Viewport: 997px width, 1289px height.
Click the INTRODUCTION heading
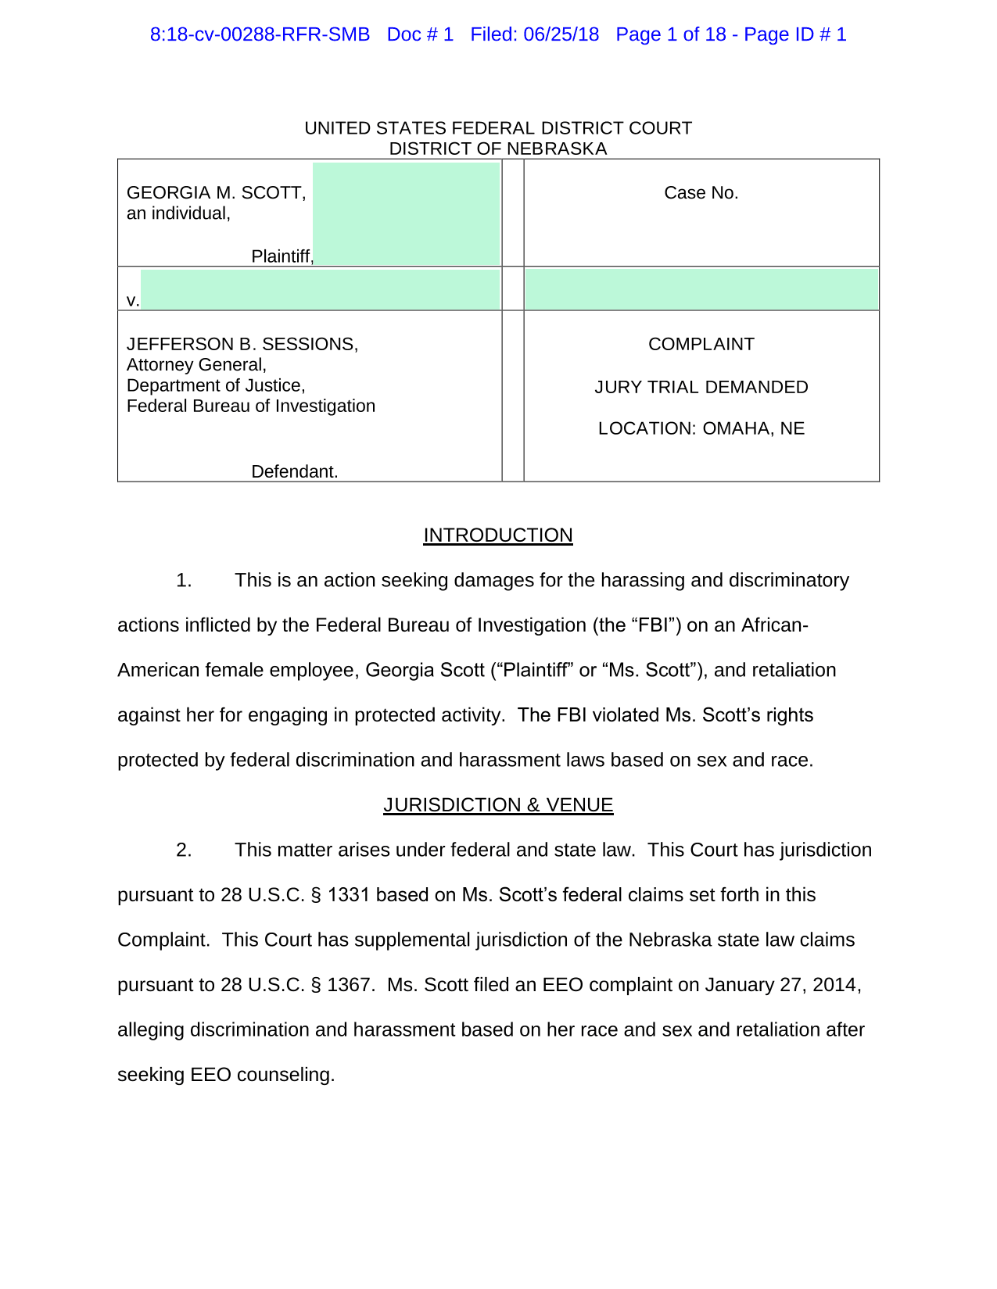pyautogui.click(x=497, y=535)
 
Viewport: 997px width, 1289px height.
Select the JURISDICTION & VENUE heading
pyautogui.click(x=498, y=805)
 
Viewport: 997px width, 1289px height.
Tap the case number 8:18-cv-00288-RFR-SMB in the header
pyautogui.click(x=260, y=35)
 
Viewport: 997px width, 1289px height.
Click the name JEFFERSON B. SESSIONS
pyautogui.click(x=242, y=345)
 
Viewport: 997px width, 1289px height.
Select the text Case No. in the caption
pyautogui.click(x=701, y=193)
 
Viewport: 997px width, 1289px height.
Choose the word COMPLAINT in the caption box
pyautogui.click(x=701, y=345)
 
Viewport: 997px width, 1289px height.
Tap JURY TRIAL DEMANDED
pyautogui.click(x=701, y=388)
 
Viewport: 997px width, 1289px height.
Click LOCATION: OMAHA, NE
pyautogui.click(x=701, y=429)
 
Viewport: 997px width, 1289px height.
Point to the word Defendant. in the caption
pyautogui.click(x=294, y=472)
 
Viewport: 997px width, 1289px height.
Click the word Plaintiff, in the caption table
pyautogui.click(x=282, y=256)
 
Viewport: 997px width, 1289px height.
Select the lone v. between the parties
pyautogui.click(x=133, y=301)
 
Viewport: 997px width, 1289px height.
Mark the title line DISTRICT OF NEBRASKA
pyautogui.click(x=497, y=149)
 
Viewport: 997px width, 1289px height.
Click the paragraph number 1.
pyautogui.click(x=184, y=581)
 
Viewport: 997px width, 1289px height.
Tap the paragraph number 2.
pyautogui.click(x=184, y=850)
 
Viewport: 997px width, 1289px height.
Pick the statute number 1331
pyautogui.click(x=348, y=895)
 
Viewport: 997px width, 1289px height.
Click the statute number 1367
pyautogui.click(x=348, y=985)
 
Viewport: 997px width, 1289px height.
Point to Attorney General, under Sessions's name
pyautogui.click(x=196, y=365)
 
